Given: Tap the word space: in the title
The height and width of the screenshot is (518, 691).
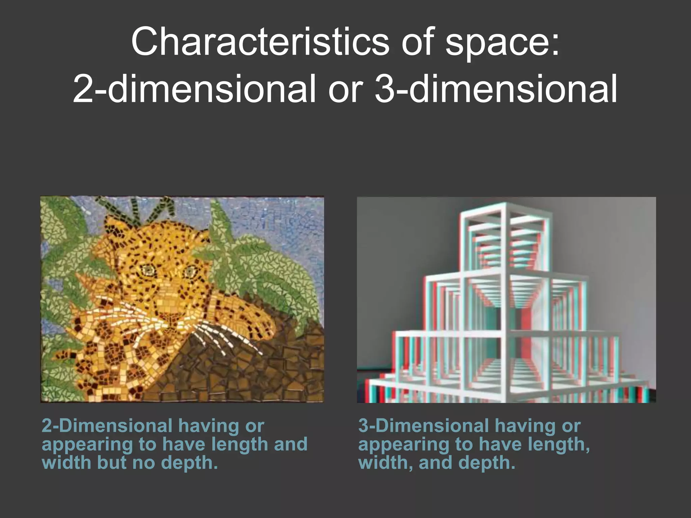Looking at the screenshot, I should pyautogui.click(x=502, y=43).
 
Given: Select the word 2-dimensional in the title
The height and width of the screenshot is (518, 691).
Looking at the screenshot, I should pyautogui.click(x=194, y=89).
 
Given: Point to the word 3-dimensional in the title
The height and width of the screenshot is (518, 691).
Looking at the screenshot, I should pyautogui.click(x=496, y=89).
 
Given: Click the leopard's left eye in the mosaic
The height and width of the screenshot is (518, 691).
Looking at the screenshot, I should pyautogui.click(x=147, y=269).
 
